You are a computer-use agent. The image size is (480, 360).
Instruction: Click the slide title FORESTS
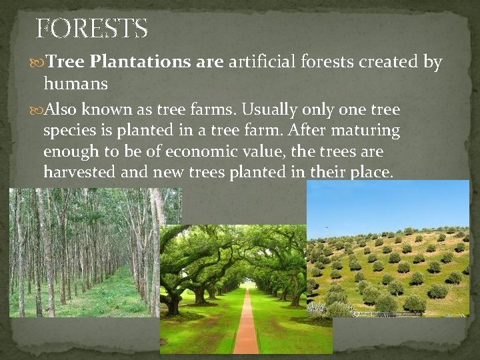click(x=91, y=29)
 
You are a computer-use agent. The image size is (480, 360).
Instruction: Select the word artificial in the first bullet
click(x=263, y=63)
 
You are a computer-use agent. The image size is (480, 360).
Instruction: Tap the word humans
click(x=75, y=84)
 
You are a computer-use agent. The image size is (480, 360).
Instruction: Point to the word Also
click(x=66, y=109)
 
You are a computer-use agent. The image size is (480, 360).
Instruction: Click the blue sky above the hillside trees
click(x=387, y=203)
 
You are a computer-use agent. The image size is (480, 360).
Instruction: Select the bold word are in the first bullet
click(x=210, y=63)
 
